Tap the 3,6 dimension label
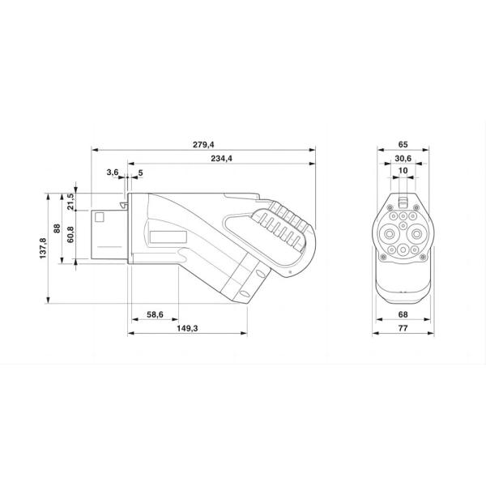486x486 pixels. pos(112,173)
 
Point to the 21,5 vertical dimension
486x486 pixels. pos(70,202)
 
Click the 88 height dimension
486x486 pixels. pos(57,228)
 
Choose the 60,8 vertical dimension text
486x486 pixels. pos(70,236)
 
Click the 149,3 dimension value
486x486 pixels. pos(189,330)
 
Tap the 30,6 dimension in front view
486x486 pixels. pos(403,158)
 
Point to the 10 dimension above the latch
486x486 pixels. pos(403,172)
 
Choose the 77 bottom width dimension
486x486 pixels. pos(403,330)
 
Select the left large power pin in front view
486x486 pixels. pos(389,232)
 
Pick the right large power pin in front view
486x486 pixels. pos(416,232)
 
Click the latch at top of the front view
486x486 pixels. pos(403,199)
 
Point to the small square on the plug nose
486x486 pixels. pos(100,217)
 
